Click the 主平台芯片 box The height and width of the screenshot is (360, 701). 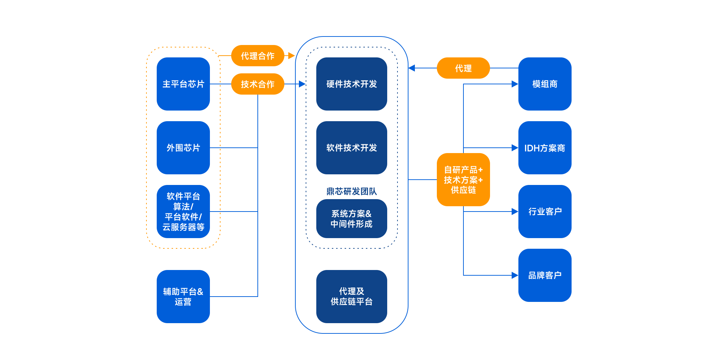[183, 84]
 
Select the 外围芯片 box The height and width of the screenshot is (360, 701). [183, 148]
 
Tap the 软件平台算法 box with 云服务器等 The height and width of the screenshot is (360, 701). [183, 212]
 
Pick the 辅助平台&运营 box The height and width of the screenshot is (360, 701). [183, 297]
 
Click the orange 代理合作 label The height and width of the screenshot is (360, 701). [257, 56]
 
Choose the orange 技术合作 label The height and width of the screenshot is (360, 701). [257, 84]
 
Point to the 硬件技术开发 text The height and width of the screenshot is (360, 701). [351, 84]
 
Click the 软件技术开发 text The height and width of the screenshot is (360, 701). [351, 148]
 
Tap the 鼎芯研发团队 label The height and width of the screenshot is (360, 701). [351, 191]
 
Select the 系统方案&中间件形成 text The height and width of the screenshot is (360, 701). [351, 219]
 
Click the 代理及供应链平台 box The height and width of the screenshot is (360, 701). [351, 297]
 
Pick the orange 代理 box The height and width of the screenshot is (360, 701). [463, 68]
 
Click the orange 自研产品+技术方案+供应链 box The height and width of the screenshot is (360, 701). [463, 180]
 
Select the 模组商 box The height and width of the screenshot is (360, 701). [545, 84]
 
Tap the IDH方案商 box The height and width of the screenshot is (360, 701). [545, 148]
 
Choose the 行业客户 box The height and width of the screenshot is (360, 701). [545, 212]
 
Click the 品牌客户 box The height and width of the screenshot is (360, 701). [545, 275]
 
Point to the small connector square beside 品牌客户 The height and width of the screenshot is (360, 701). [514, 275]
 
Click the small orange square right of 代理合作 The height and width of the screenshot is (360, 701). [291, 56]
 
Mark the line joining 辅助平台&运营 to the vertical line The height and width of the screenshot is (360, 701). [234, 296]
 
